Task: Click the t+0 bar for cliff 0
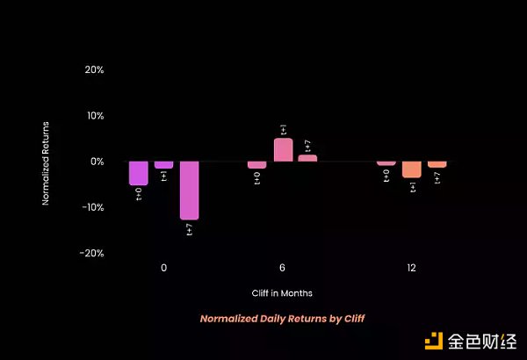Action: [x=138, y=173]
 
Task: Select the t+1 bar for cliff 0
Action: [x=163, y=164]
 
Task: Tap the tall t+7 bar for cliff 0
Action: [x=190, y=190]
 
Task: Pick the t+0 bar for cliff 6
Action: [x=256, y=164]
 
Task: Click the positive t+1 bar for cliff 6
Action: [x=283, y=150]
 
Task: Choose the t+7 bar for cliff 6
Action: [x=307, y=158]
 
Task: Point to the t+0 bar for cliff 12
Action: [x=386, y=163]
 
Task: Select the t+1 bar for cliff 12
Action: [x=411, y=169]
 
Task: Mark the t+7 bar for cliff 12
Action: [x=437, y=164]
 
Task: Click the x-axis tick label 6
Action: [x=282, y=267]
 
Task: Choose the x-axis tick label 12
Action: [x=411, y=267]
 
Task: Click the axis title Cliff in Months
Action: [x=282, y=292]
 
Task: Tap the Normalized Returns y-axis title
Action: [x=47, y=162]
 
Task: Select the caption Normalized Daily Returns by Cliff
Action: [x=282, y=318]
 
